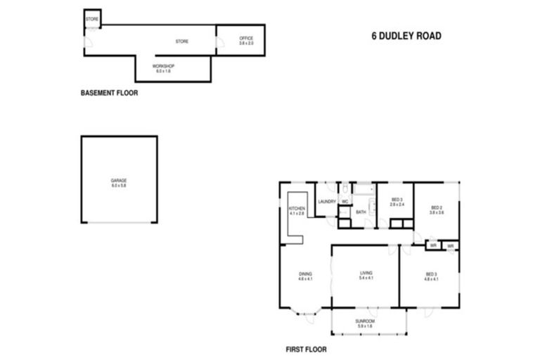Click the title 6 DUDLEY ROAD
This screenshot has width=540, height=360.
[x=406, y=36]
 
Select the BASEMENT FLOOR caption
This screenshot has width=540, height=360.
[x=109, y=93]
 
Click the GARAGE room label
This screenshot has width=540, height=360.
[x=118, y=181]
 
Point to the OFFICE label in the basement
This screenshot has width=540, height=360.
[x=245, y=38]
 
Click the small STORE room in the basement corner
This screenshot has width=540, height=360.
[x=92, y=19]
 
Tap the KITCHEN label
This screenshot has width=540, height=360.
[x=297, y=209]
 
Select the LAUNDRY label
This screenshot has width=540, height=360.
[x=326, y=202]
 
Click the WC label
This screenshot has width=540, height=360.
[x=345, y=202]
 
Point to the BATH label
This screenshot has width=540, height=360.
[x=361, y=212]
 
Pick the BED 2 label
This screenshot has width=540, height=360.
[x=436, y=207]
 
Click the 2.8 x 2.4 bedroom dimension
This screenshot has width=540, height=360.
[x=397, y=205]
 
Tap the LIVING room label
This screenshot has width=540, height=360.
[x=366, y=273]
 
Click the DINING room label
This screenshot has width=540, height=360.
[x=304, y=274]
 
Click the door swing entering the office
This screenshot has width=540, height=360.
[x=221, y=43]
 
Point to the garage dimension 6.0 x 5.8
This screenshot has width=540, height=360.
[x=118, y=186]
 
